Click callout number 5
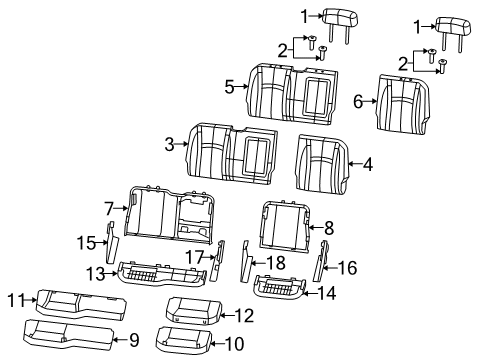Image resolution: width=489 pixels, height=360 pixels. pos(229,88)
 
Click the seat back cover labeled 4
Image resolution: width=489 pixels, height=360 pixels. pos(322,164)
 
